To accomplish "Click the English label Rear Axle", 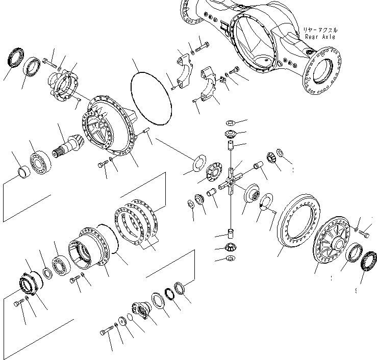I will pos(321,37).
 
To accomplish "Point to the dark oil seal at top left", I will pos(14,57).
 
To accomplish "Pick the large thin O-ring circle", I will pos(151,97).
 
